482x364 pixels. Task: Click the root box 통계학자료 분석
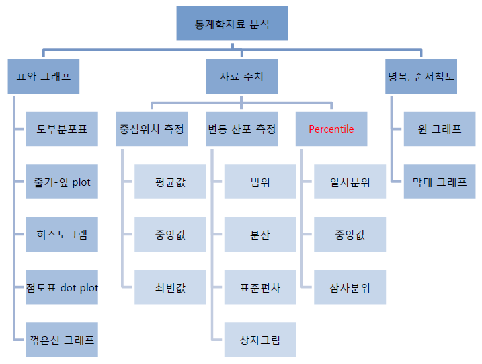pos(232,24)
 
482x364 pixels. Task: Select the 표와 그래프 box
pos(43,77)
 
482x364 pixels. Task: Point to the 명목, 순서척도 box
pos(421,77)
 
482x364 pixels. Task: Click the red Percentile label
pos(331,129)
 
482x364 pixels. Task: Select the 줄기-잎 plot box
pos(62,182)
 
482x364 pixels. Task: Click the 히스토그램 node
pos(62,235)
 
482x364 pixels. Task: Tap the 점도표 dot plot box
pos(62,288)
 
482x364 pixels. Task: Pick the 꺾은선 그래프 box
pos(62,340)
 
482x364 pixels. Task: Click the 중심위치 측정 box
pos(152,129)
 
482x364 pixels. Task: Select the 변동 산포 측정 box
pos(241,129)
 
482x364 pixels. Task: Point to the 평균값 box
pos(170,182)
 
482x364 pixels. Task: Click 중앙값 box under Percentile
pos(350,235)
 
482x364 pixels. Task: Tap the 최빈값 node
pos(170,288)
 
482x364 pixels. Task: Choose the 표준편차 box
pos(260,288)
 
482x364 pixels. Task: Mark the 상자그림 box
pos(260,340)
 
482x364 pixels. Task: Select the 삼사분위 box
pos(350,288)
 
